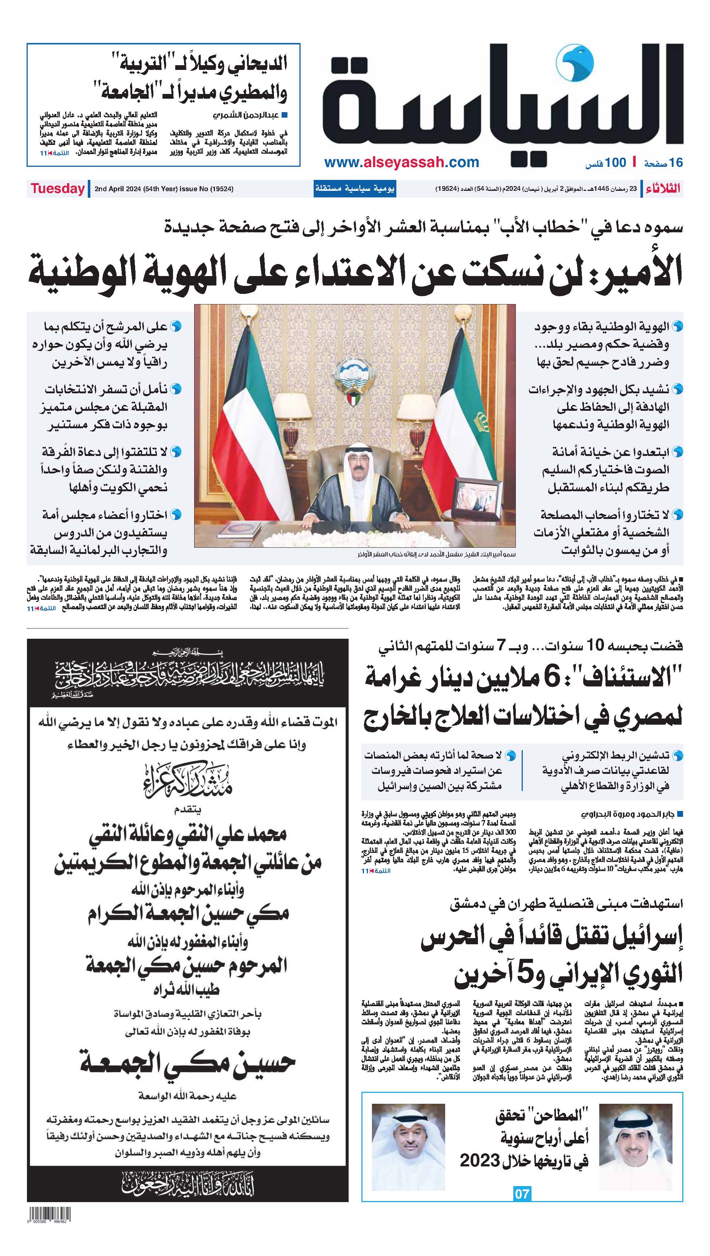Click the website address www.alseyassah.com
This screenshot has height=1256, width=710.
tap(401, 162)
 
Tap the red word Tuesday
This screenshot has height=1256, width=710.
tap(58, 189)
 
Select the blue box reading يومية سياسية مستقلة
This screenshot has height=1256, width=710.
tap(354, 189)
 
